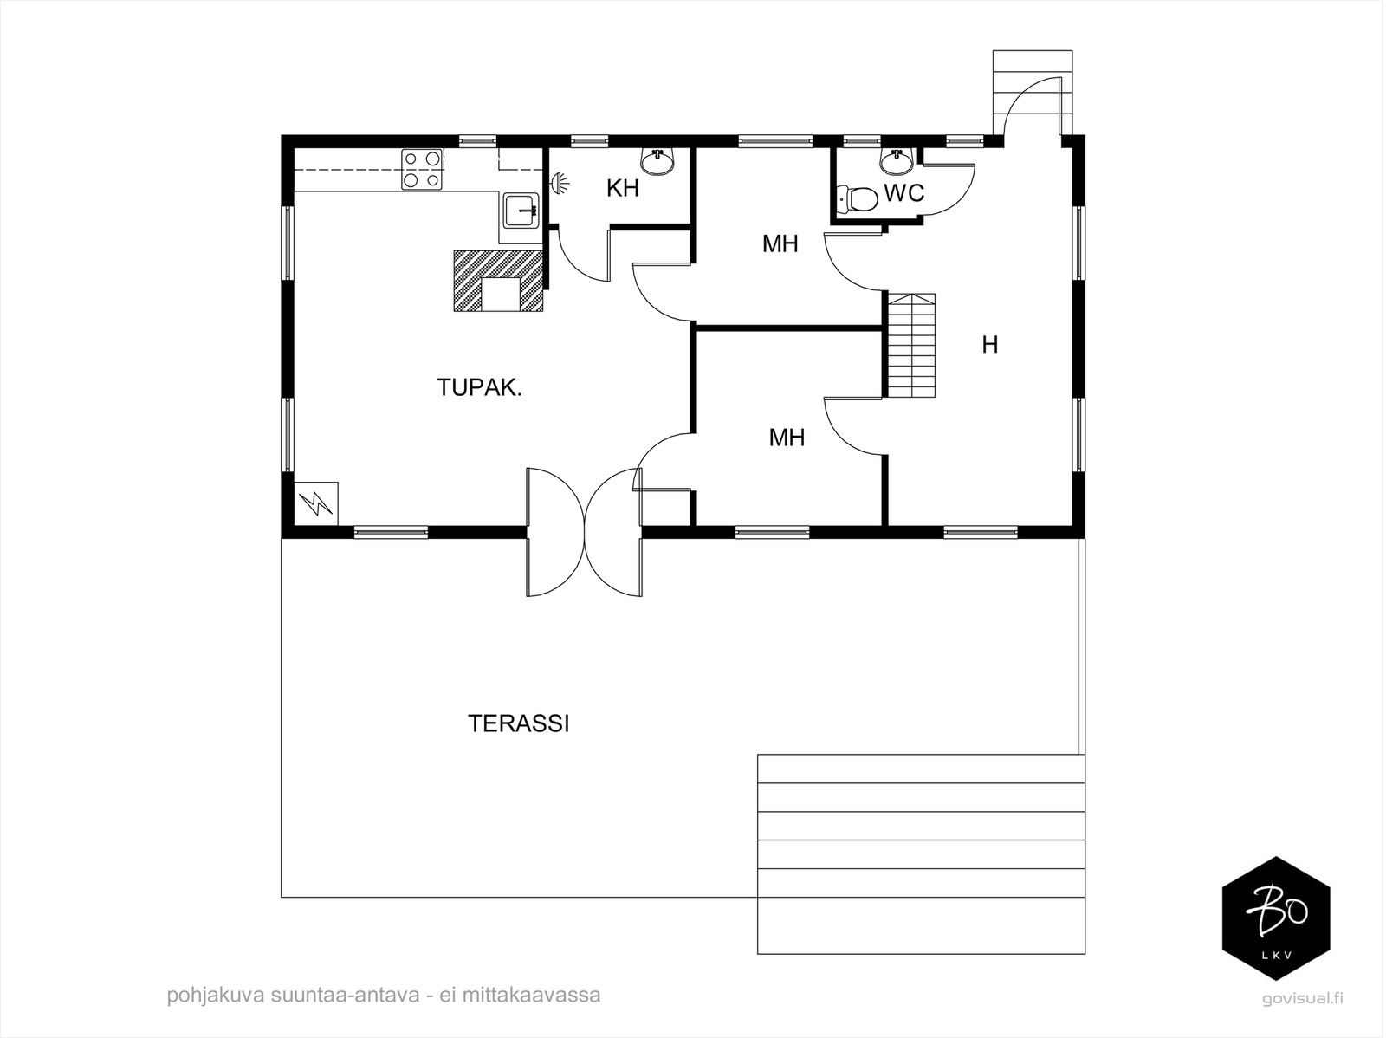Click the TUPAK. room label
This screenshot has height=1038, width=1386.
(x=479, y=387)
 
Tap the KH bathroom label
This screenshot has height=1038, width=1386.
(x=623, y=188)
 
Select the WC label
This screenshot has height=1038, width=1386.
(x=903, y=192)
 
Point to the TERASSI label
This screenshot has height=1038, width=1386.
(x=518, y=723)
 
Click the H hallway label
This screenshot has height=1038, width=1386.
(x=989, y=345)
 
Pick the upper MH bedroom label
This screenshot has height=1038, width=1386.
(x=780, y=243)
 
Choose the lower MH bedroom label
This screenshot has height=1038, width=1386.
(x=787, y=438)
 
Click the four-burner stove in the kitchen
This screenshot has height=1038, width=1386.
(x=422, y=169)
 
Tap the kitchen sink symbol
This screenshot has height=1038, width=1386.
(x=521, y=211)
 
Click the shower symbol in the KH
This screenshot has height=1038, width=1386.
(x=559, y=184)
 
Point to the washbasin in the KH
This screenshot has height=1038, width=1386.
(x=657, y=161)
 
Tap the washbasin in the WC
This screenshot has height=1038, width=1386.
(x=896, y=162)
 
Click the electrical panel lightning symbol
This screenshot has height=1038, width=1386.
(x=315, y=503)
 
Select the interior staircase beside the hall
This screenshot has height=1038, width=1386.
(x=911, y=345)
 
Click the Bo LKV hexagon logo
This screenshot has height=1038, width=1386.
(x=1276, y=918)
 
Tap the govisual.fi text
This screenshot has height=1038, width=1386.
(x=1302, y=998)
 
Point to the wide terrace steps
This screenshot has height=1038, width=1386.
(x=921, y=853)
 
